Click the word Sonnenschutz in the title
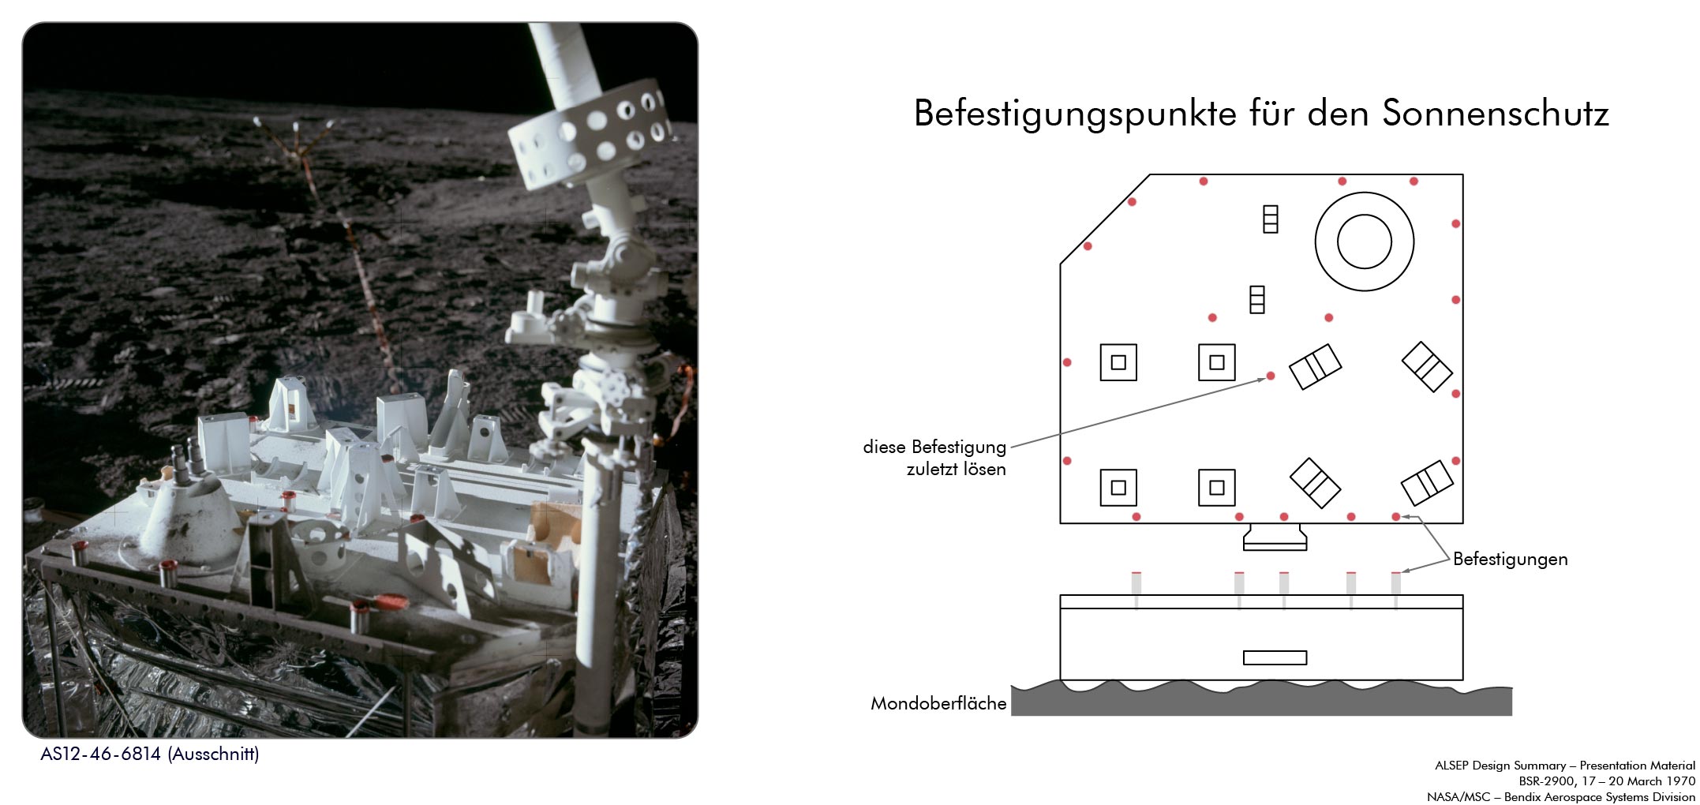click(x=1496, y=114)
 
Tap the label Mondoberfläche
click(x=938, y=703)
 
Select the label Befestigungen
click(x=1511, y=559)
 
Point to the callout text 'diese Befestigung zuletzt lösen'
click(x=934, y=458)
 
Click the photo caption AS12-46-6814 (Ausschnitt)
click(x=150, y=754)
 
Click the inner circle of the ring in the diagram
click(x=1365, y=241)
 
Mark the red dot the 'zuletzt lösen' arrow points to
click(x=1270, y=376)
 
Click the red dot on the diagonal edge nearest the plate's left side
click(x=1088, y=246)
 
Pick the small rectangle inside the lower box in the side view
click(x=1275, y=657)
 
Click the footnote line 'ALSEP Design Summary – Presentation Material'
click(x=1565, y=766)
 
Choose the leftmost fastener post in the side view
click(x=1136, y=590)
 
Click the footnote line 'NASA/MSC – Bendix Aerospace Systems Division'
click(x=1561, y=797)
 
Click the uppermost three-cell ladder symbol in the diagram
click(x=1270, y=219)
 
